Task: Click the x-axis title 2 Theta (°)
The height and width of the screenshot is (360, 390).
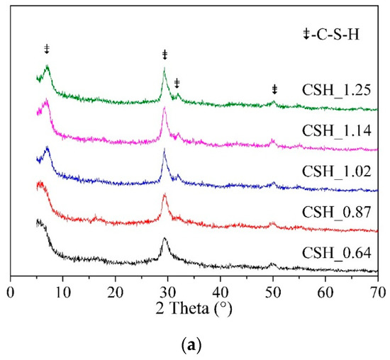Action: click(x=194, y=309)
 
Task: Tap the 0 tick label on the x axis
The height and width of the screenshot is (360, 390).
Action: click(x=11, y=291)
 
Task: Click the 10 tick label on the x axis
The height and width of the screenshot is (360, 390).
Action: click(x=63, y=291)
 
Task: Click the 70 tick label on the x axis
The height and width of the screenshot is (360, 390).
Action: click(x=377, y=291)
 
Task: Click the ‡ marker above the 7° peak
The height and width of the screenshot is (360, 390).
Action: click(x=47, y=49)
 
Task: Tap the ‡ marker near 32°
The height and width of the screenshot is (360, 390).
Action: click(x=177, y=84)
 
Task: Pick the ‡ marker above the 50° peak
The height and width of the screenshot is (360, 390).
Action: click(x=274, y=89)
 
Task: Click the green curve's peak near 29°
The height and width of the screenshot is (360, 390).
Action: click(x=165, y=69)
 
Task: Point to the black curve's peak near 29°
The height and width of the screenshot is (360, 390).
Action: click(x=165, y=239)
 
